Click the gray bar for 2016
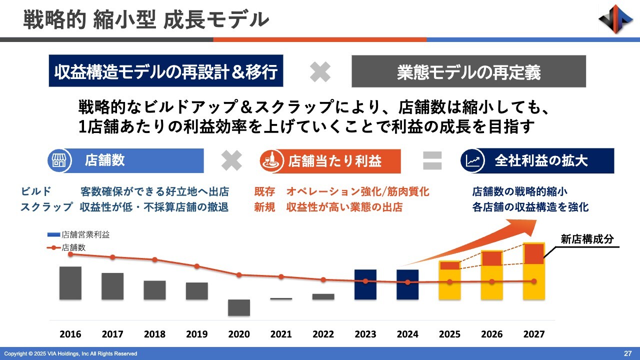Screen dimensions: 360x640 (x=70, y=283)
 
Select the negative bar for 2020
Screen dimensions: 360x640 (x=239, y=307)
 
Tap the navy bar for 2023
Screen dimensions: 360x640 (x=365, y=284)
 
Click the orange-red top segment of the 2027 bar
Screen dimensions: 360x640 (x=533, y=253)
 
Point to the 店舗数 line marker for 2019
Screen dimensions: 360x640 (x=197, y=266)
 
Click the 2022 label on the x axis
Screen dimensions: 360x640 (x=323, y=334)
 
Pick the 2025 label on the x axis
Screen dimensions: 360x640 (x=449, y=334)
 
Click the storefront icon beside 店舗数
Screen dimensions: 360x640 (x=57, y=161)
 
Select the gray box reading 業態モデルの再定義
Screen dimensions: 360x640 (x=468, y=71)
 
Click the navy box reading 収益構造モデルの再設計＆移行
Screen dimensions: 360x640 (x=166, y=71)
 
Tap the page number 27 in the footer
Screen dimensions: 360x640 (x=628, y=353)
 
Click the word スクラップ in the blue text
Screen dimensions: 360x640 (x=46, y=207)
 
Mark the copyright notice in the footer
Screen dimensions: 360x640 (x=70, y=354)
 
